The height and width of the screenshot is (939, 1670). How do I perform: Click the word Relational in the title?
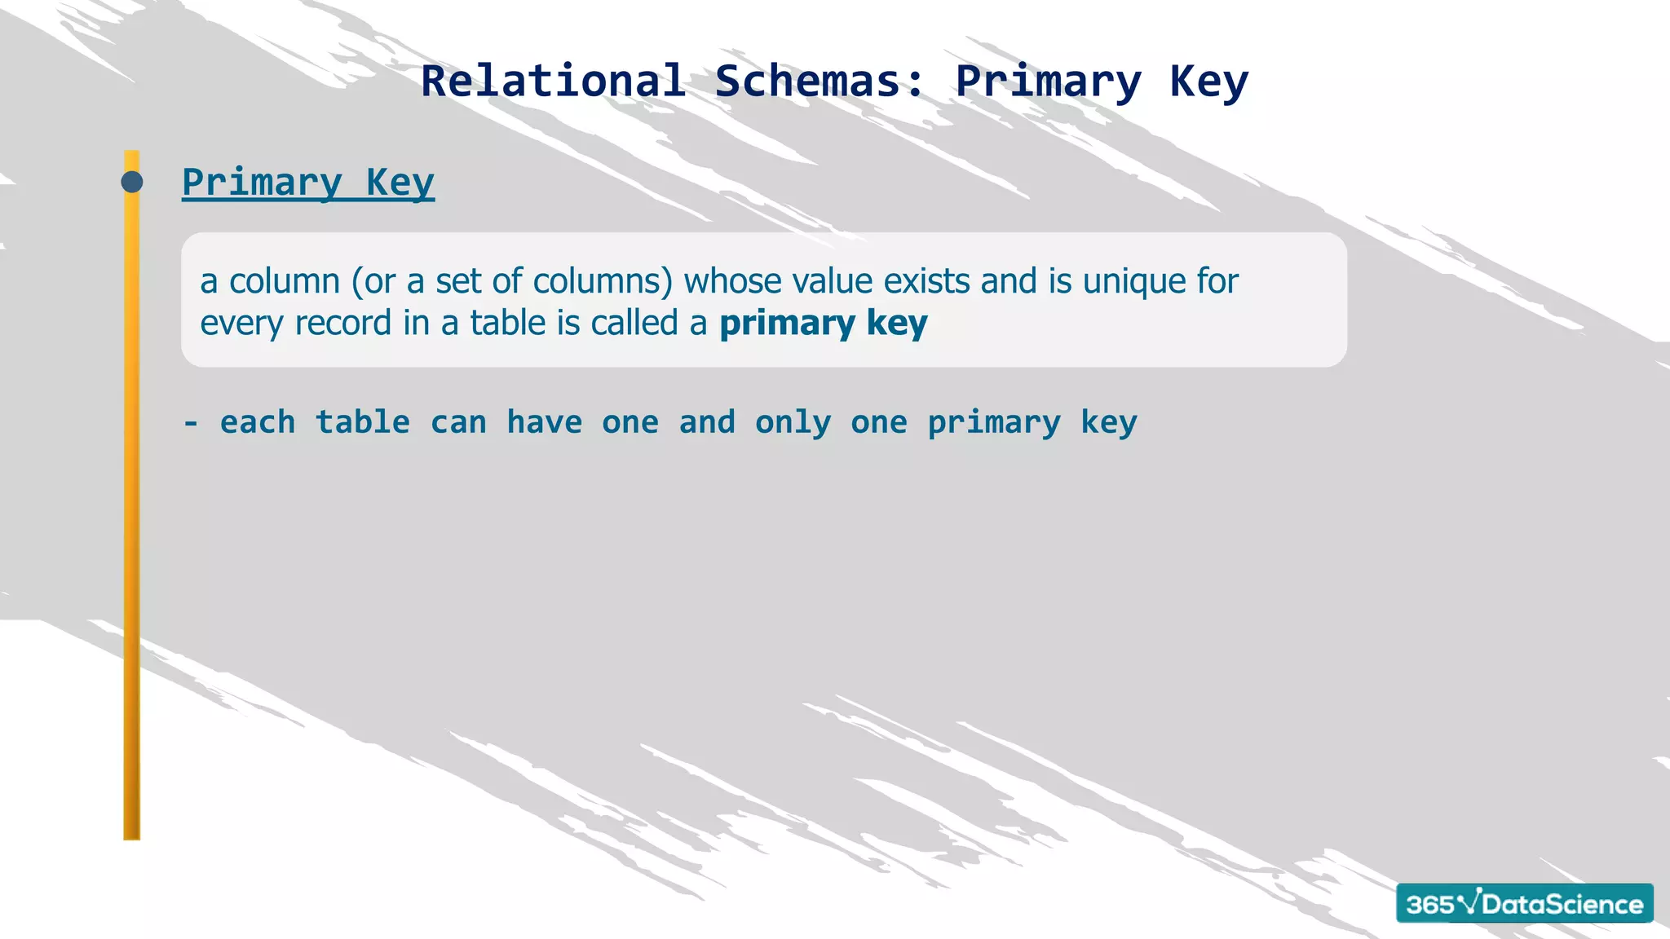[x=553, y=82]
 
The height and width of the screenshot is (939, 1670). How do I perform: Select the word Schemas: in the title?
[x=820, y=82]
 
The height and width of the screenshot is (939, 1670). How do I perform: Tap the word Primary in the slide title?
[x=1048, y=82]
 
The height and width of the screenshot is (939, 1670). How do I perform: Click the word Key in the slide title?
[x=1208, y=82]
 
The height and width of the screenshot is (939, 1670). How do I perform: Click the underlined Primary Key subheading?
[x=307, y=182]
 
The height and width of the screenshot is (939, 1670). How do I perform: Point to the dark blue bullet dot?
[x=132, y=182]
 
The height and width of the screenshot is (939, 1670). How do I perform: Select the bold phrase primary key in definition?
[x=823, y=324]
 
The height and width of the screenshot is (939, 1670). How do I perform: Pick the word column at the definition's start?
[x=284, y=281]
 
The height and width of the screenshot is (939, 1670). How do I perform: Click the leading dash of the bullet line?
[x=191, y=423]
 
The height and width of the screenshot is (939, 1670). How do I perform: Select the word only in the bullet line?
[x=793, y=423]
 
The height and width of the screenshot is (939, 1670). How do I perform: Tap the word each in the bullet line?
[x=258, y=423]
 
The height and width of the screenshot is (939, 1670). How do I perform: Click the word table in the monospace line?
[x=363, y=423]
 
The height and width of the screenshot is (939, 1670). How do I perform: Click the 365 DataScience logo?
[x=1524, y=903]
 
